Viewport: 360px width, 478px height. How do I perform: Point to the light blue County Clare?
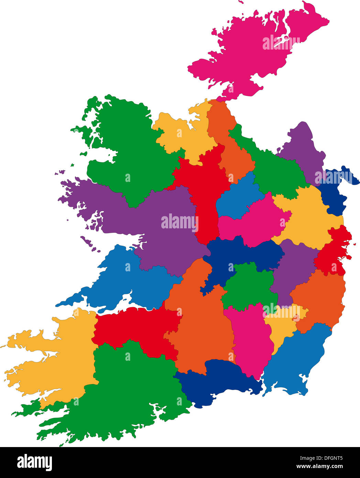[138, 279]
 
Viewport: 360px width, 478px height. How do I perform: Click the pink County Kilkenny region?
[249, 340]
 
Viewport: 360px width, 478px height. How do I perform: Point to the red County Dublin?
[332, 254]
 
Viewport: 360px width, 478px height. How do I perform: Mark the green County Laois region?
[249, 285]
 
